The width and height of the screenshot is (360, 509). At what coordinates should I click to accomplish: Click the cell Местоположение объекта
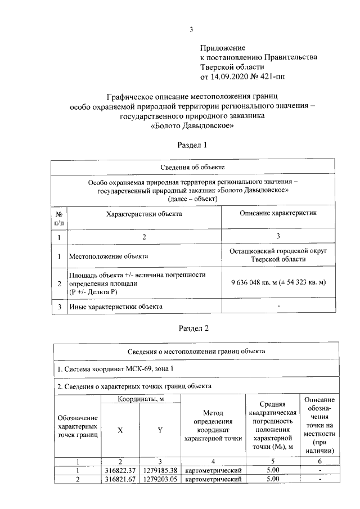point(108,256)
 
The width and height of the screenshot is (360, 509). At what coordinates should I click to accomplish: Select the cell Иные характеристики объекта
point(115,307)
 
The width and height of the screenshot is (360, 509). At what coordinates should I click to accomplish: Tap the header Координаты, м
point(140,399)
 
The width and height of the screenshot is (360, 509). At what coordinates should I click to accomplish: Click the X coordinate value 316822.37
point(120,470)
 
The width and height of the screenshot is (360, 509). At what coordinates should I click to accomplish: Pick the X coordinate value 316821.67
point(120,479)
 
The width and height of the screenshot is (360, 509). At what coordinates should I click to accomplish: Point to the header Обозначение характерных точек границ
point(78,426)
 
